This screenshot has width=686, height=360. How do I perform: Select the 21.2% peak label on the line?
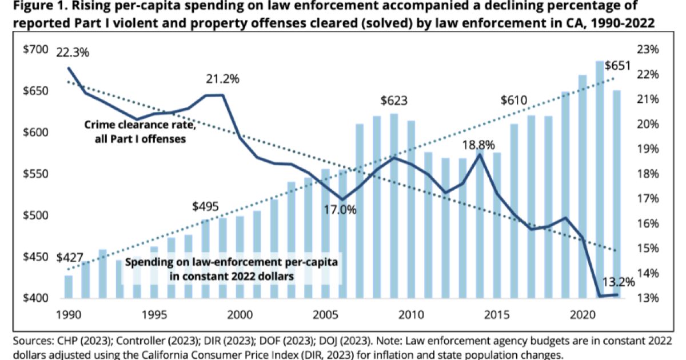coord(222,79)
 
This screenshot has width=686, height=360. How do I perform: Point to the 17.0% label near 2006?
coord(341,209)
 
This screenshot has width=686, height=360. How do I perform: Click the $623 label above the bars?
coord(394,101)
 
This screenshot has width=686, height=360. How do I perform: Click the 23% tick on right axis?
coord(648,50)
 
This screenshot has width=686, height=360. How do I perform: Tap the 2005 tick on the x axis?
coord(325,314)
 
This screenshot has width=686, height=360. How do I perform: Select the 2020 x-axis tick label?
coord(583,314)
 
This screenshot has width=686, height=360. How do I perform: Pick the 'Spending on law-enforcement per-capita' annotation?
coord(231,262)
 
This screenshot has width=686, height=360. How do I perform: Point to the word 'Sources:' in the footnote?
coord(29,341)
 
